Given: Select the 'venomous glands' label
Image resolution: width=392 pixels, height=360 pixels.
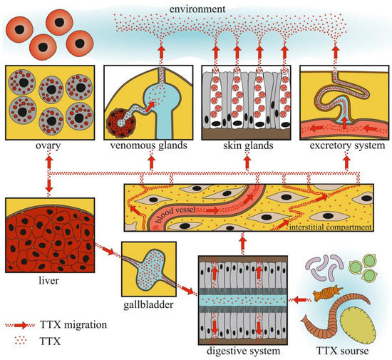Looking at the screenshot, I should tap(143, 148).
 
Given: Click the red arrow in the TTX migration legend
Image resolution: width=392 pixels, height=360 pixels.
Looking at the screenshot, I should tap(31, 324).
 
